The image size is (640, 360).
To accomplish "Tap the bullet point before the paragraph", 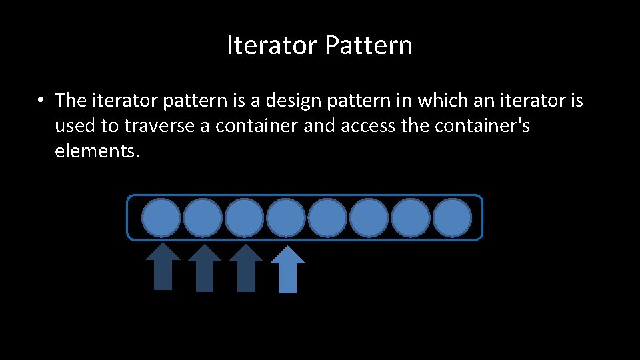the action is click(x=41, y=101).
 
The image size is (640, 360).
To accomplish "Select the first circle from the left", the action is click(x=161, y=217).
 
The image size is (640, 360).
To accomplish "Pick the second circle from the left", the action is click(x=203, y=217).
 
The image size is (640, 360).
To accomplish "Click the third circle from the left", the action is click(x=244, y=217).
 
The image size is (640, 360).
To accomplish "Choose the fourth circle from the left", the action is click(x=286, y=217).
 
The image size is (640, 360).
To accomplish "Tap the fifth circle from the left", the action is click(x=327, y=217).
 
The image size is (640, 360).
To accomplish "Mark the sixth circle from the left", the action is click(x=369, y=217).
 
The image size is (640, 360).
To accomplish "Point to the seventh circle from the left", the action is click(x=411, y=217).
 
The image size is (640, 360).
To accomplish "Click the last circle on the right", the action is click(x=452, y=217).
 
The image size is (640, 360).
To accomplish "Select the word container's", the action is click(x=482, y=126).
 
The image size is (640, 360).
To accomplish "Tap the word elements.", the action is click(x=97, y=151).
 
